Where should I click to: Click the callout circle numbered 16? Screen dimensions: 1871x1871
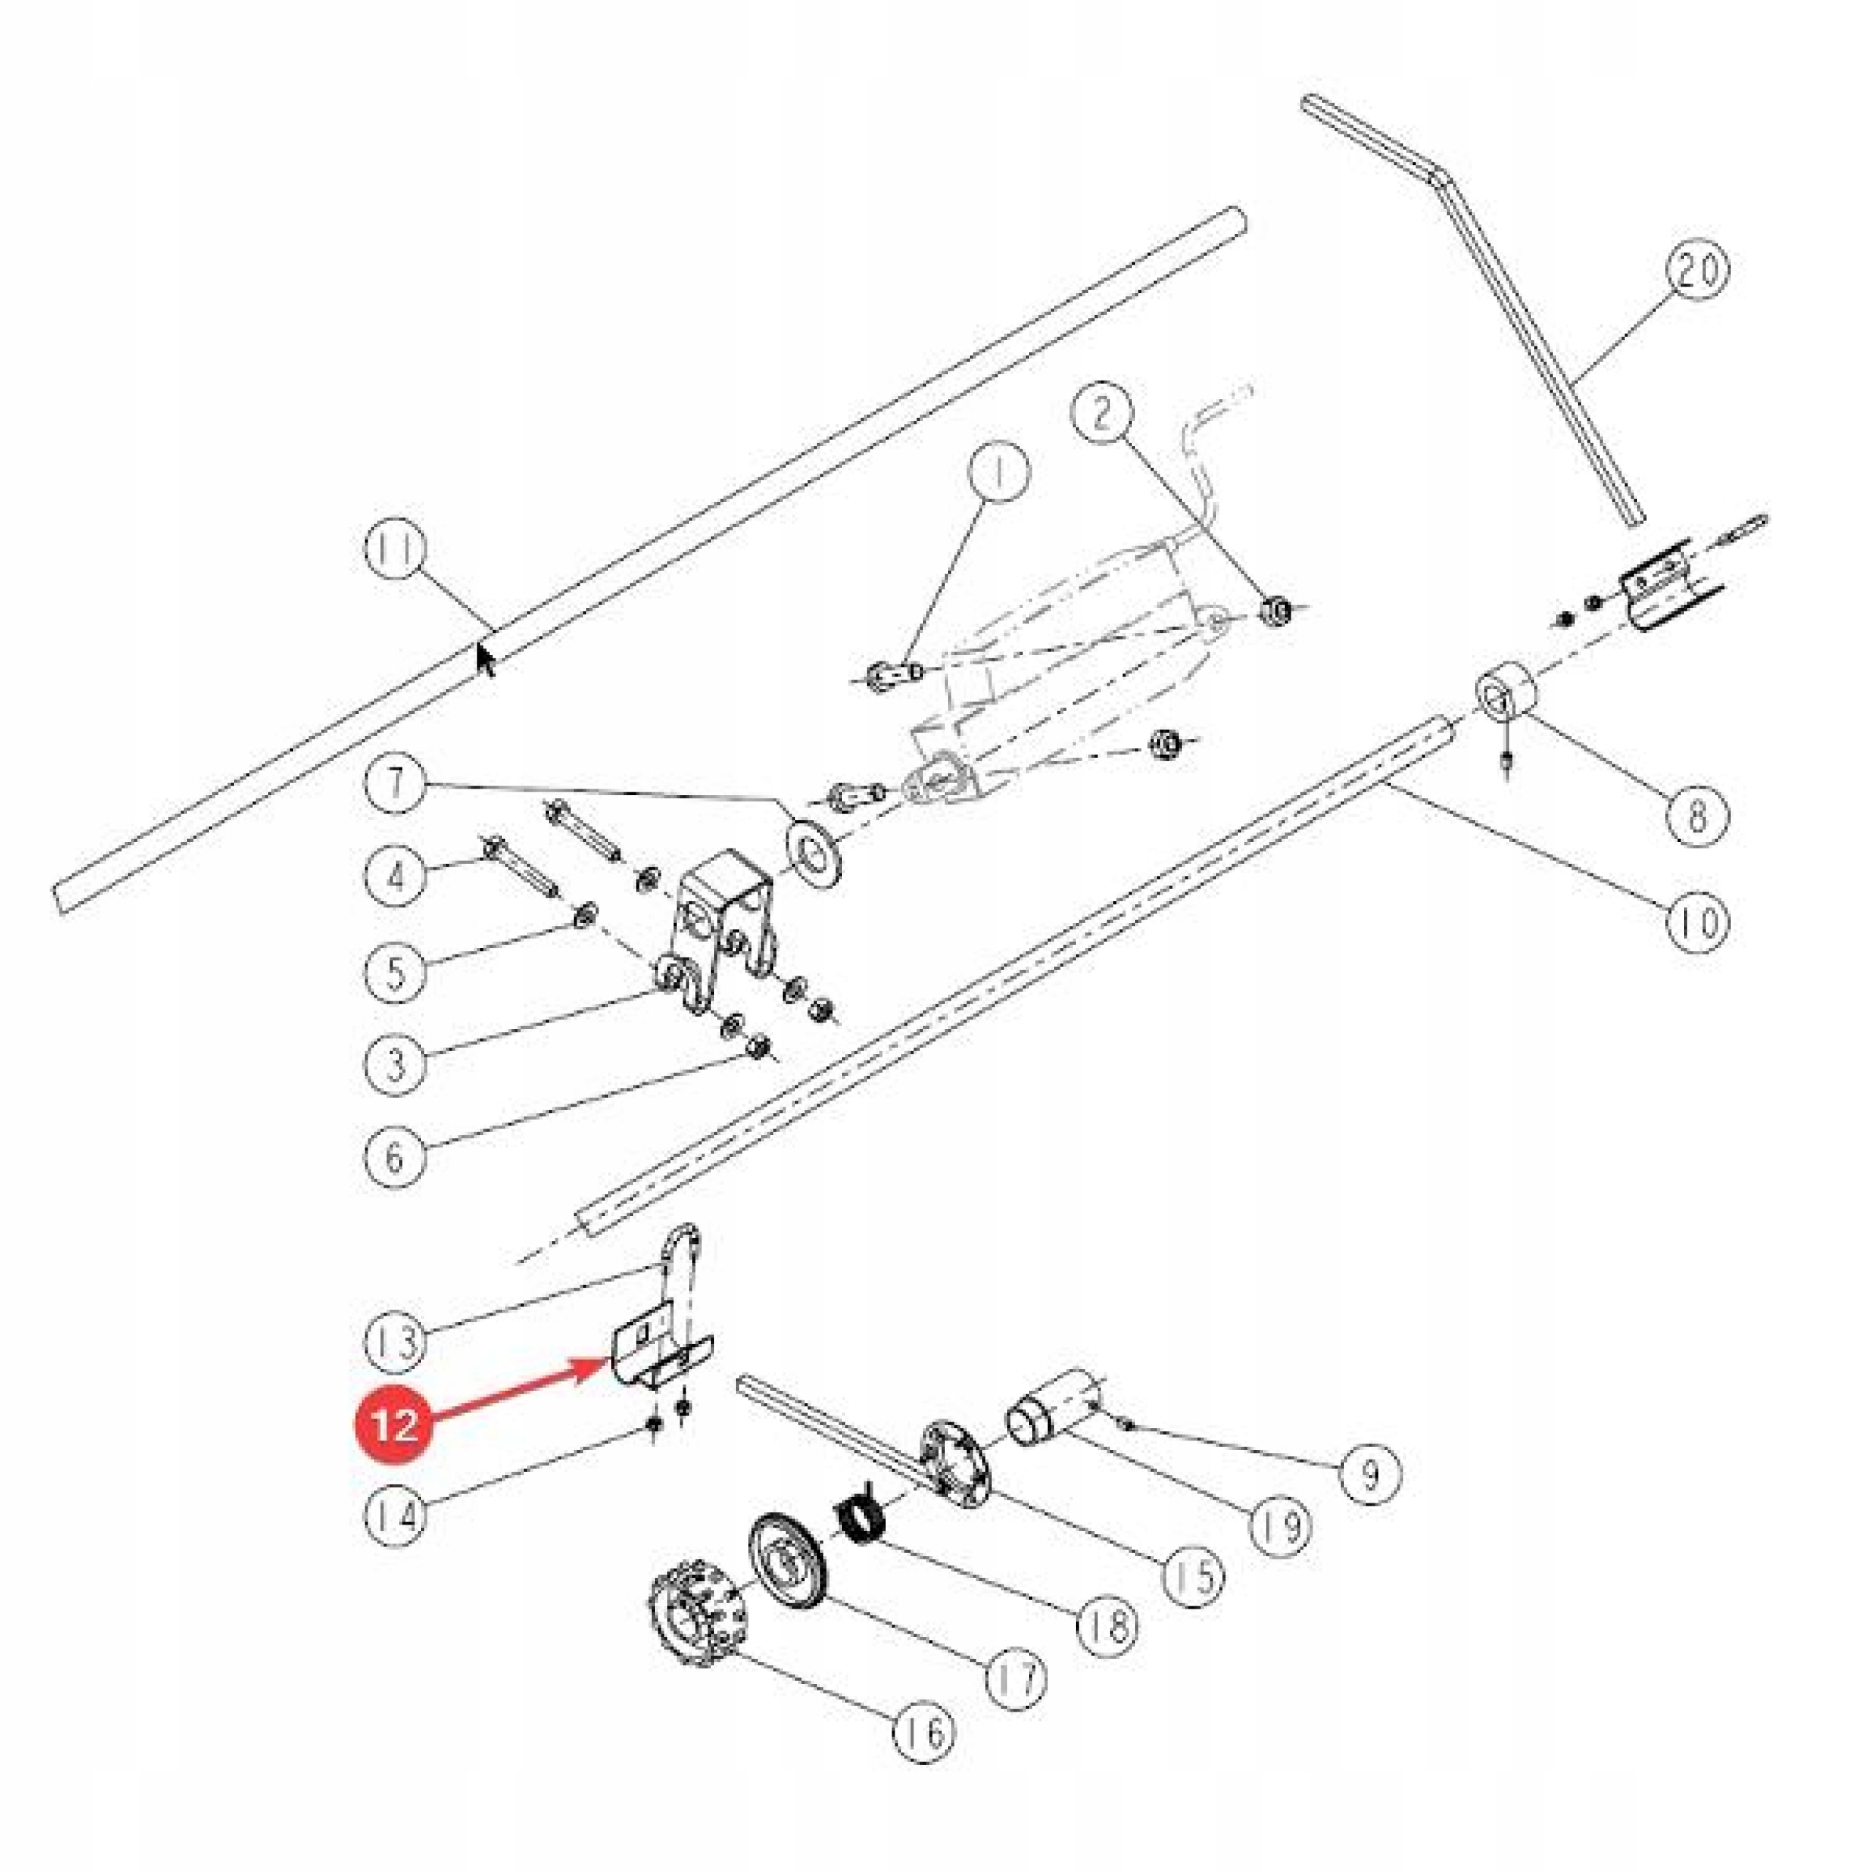[x=924, y=1731]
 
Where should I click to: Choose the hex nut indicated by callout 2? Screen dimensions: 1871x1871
[x=1275, y=611]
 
